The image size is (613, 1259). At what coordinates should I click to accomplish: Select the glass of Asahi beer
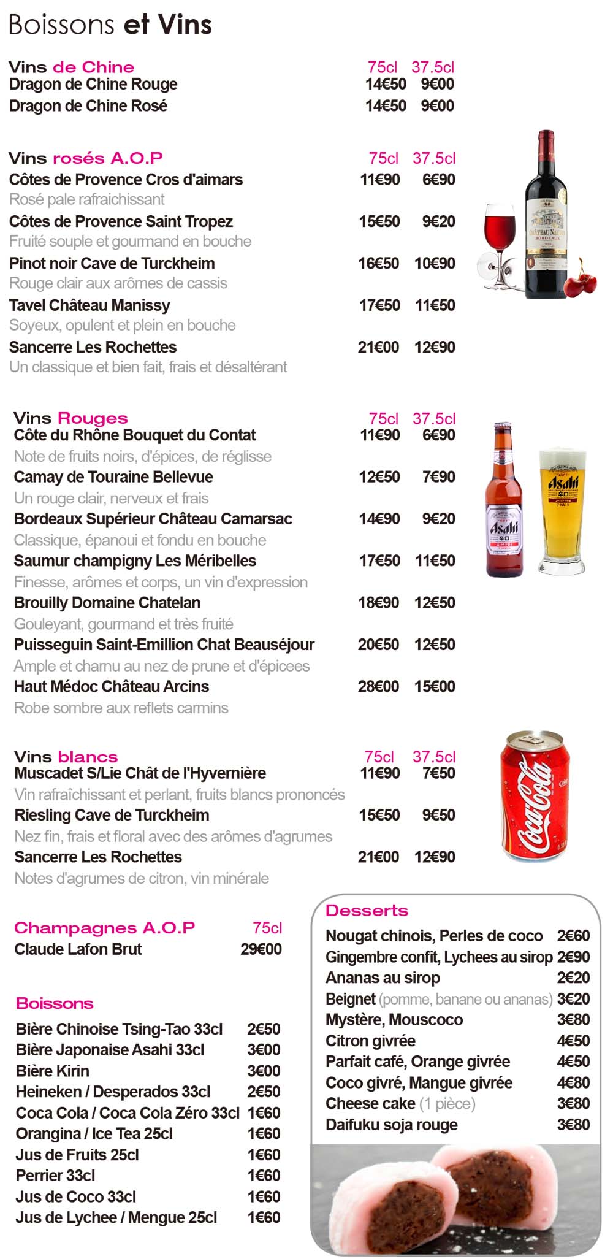562,512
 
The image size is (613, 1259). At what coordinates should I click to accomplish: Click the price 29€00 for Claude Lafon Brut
261,949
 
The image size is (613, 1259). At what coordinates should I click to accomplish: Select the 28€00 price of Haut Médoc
378,686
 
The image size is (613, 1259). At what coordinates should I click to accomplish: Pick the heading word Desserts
367,911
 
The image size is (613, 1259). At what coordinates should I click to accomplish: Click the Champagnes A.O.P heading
104,928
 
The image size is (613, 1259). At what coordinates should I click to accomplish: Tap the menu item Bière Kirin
53,1071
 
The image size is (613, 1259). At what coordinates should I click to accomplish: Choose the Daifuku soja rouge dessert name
392,1125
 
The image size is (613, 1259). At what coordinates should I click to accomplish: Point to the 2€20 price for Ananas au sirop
573,978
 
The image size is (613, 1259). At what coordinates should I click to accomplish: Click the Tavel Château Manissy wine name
89,305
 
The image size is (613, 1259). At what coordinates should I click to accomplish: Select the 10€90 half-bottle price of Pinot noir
435,264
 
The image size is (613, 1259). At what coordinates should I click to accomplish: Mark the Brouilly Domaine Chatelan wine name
107,603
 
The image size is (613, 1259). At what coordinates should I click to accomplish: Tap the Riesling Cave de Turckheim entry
112,815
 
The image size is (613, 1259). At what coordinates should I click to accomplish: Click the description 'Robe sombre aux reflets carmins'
121,708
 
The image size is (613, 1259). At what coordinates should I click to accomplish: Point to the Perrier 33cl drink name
56,1176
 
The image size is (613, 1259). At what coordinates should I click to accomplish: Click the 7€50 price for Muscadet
438,773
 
